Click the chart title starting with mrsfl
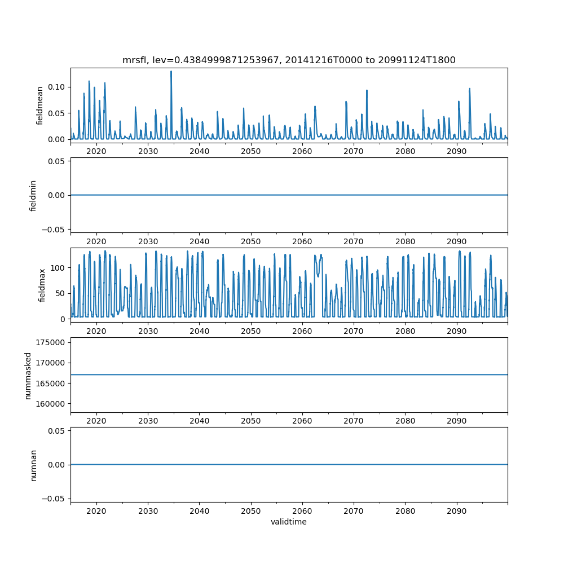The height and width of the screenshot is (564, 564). [289, 60]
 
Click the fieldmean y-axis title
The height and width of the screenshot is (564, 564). [40, 105]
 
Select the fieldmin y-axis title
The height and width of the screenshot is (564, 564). [33, 195]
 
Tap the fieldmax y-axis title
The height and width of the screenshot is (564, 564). [42, 285]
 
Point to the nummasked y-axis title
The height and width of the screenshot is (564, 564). [28, 375]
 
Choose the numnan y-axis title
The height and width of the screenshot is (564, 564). [33, 465]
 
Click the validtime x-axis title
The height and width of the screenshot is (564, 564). [289, 522]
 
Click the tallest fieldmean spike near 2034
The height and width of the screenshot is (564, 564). [171, 72]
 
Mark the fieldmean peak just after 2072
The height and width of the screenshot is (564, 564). [367, 90]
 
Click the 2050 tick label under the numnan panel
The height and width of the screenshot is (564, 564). [251, 511]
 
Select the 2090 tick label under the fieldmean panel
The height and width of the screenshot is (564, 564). [456, 151]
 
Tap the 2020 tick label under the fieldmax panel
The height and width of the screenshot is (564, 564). [96, 331]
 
